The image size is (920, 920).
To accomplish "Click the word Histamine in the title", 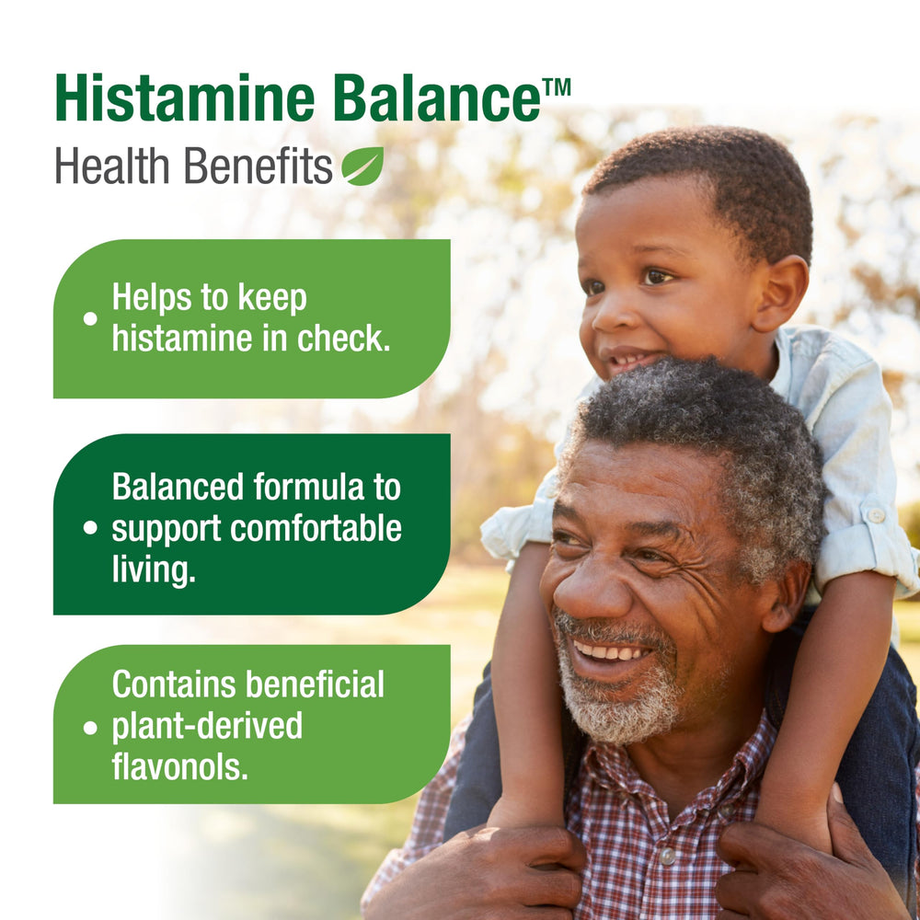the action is (x=185, y=98).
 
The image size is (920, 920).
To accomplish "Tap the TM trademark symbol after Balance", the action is (x=557, y=87).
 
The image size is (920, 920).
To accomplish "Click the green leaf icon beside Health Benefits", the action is (x=362, y=166).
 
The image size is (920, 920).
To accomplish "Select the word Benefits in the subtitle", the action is (x=259, y=166).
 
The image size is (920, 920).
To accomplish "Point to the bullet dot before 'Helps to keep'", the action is (x=90, y=318).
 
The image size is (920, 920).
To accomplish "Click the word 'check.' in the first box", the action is (x=343, y=339).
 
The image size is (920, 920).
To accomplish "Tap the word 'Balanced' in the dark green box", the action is (x=178, y=487).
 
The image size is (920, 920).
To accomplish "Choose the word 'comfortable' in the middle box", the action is (x=316, y=529).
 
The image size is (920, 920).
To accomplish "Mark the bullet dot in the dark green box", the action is (x=90, y=527).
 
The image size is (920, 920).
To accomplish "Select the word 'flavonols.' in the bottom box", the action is (x=179, y=767).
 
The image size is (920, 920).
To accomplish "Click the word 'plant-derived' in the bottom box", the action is (x=207, y=728).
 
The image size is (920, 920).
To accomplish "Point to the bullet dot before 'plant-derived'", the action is (x=90, y=728).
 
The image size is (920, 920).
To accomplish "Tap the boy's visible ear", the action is (x=779, y=294).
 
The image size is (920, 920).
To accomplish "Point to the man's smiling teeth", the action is (x=609, y=651).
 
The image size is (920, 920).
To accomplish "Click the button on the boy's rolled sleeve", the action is (x=876, y=515).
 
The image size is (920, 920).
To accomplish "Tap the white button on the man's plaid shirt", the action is (x=666, y=856).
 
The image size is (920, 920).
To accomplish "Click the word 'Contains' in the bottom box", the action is (x=174, y=684).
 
